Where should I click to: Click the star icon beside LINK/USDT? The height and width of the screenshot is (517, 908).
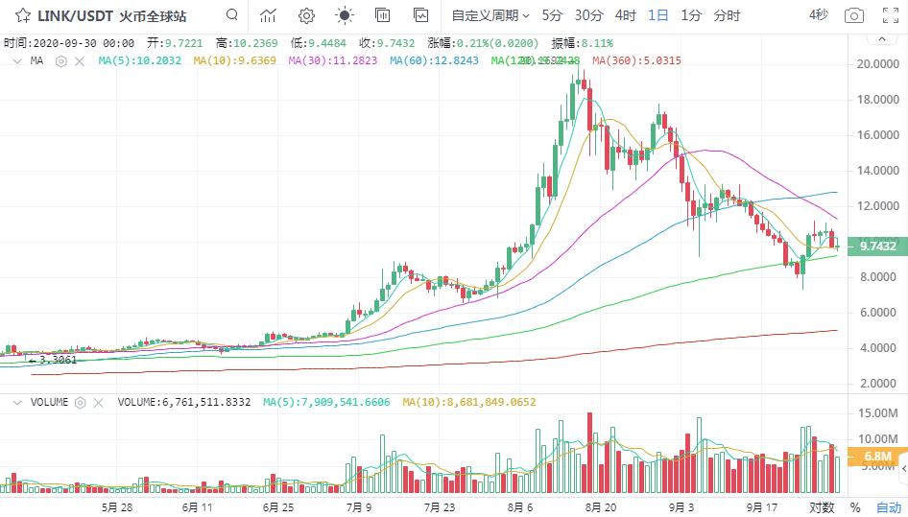22,15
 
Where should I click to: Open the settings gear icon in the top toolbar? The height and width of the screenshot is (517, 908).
306,15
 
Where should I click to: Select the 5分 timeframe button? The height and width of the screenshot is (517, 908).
552,15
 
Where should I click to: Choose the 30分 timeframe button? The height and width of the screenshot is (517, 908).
588,15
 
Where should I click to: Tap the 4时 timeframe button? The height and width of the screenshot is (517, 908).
625,15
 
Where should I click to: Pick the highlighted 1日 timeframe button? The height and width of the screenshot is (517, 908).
658,15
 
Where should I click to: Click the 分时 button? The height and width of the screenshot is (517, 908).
728,15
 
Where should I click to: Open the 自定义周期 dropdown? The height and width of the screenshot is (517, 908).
490,15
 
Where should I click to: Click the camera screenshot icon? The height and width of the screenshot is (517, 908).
852,15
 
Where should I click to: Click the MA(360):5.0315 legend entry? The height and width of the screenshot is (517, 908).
637,60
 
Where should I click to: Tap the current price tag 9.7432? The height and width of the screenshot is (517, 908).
878,247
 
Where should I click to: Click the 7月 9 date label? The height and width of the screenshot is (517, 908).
360,506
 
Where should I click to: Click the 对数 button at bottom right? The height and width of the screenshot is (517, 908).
822,506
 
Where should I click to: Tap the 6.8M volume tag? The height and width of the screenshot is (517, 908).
878,457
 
